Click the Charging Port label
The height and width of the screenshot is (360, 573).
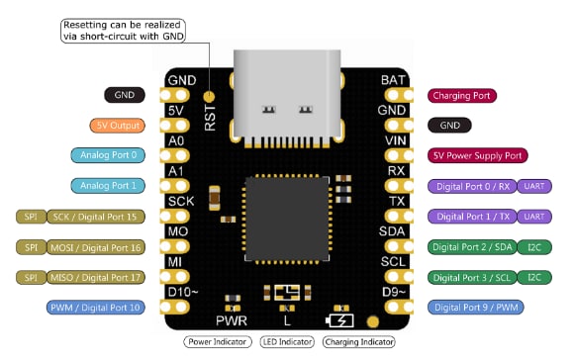tap(462, 96)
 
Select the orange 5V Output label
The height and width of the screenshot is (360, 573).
tap(117, 126)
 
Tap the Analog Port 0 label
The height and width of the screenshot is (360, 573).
tap(109, 155)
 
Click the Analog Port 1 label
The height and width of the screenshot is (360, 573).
tap(109, 186)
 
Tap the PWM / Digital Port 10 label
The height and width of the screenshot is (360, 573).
tap(97, 308)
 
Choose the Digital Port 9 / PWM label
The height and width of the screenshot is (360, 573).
tap(475, 308)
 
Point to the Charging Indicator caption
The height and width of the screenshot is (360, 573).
tap(358, 342)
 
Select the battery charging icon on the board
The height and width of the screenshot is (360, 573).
tap(340, 319)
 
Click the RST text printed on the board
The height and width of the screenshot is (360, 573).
tap(210, 115)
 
